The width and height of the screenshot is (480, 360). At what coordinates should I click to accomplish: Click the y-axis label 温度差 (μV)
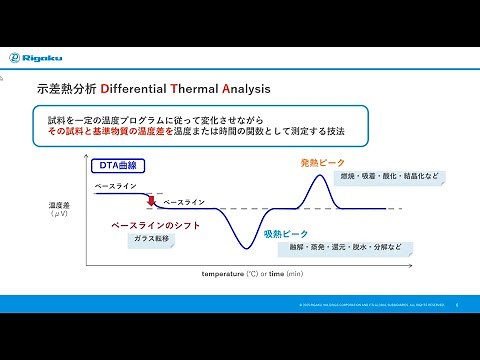click(58, 209)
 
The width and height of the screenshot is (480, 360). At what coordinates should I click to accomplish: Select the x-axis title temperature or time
click(252, 272)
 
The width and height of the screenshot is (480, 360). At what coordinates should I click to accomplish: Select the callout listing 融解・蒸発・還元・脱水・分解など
click(346, 247)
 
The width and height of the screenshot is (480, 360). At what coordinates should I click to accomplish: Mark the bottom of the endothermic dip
click(242, 246)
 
